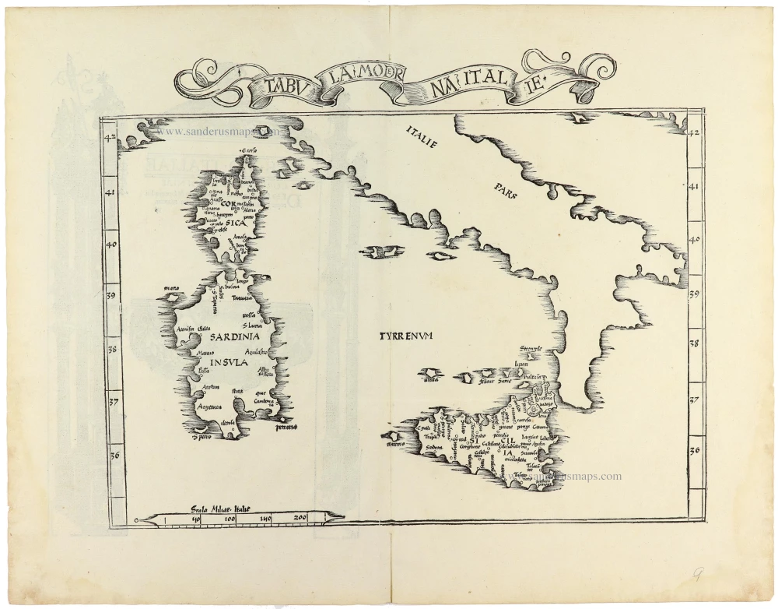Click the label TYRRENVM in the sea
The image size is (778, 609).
[405, 336]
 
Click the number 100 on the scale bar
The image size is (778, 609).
[230, 519]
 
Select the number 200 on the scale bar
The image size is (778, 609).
[300, 519]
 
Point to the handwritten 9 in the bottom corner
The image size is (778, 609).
[699, 576]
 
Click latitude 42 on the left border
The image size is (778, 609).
[111, 139]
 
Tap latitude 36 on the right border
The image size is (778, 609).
[696, 450]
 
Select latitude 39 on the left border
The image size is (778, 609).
[111, 296]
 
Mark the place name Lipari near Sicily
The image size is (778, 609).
[522, 364]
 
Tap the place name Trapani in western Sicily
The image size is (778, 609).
[429, 437]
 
